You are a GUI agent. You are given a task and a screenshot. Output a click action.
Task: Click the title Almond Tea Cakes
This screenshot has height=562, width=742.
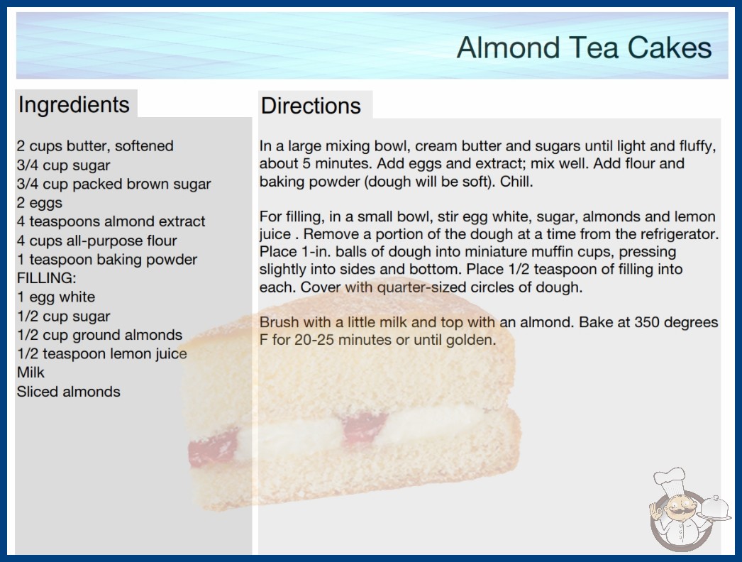pyautogui.click(x=584, y=48)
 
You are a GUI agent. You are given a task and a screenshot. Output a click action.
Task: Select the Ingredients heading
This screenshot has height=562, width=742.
pyautogui.click(x=74, y=105)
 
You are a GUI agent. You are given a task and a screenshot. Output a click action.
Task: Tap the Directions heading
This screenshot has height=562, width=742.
pyautogui.click(x=311, y=106)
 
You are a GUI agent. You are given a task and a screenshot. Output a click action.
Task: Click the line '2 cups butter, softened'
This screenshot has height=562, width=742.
pyautogui.click(x=95, y=146)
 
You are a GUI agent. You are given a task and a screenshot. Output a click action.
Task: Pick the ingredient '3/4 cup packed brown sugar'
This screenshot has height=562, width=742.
pyautogui.click(x=114, y=184)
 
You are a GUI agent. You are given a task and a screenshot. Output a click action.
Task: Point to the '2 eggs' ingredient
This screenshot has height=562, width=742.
pyautogui.click(x=40, y=203)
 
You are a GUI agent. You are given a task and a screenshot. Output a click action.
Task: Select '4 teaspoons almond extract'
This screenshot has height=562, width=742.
pyautogui.click(x=111, y=221)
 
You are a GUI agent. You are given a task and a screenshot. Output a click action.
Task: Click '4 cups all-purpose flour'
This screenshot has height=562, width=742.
pyautogui.click(x=97, y=241)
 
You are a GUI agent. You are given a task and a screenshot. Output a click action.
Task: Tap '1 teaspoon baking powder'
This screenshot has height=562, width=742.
pyautogui.click(x=107, y=260)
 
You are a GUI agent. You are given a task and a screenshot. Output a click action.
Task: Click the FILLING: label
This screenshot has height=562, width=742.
pyautogui.click(x=46, y=278)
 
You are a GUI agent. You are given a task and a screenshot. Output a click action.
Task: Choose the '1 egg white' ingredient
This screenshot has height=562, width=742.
pyautogui.click(x=56, y=297)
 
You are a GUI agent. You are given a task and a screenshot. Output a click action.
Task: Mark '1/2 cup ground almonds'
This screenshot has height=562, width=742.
pyautogui.click(x=100, y=335)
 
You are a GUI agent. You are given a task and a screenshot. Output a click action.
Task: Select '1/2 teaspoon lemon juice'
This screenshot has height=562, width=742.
pyautogui.click(x=102, y=354)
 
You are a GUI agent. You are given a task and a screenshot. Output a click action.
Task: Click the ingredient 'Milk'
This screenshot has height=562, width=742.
pyautogui.click(x=31, y=373)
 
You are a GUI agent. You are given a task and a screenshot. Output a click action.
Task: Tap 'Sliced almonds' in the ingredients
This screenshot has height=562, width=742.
pyautogui.click(x=69, y=392)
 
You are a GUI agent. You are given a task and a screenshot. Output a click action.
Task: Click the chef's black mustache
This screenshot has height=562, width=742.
pyautogui.click(x=677, y=510)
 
